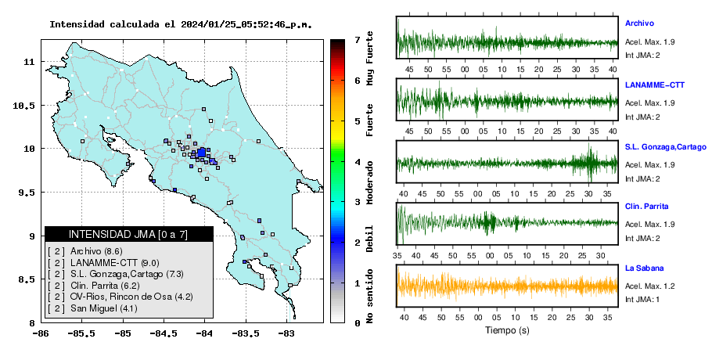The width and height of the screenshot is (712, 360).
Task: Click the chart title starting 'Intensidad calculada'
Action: point(181,24)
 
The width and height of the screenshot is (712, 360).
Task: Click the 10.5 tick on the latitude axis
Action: point(24,106)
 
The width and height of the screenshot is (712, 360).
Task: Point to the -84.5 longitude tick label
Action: point(164,333)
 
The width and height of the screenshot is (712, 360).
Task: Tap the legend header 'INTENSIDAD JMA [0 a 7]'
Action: point(128,234)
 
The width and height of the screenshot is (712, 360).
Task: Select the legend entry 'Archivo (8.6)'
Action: point(96,251)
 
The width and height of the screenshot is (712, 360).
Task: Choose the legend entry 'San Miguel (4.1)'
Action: point(104,308)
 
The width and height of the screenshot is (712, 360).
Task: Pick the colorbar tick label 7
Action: point(358,40)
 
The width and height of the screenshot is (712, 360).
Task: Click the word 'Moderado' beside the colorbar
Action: point(369,182)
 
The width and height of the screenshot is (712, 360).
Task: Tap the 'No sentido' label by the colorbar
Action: point(369,296)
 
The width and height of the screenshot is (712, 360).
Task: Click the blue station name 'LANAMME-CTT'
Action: point(655,85)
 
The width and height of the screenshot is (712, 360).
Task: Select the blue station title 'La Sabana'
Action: point(645,268)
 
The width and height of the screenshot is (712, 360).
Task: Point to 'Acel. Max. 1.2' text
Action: point(649,286)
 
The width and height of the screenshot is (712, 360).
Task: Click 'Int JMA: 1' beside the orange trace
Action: point(642,299)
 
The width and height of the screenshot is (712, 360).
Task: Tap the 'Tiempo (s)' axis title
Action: point(507,330)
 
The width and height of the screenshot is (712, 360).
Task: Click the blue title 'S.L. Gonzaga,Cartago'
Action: point(666,147)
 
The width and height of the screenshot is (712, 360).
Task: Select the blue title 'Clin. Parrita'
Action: point(646,206)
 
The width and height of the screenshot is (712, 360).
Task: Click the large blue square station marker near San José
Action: point(201,153)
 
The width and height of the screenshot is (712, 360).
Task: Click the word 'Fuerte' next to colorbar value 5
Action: point(369,120)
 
